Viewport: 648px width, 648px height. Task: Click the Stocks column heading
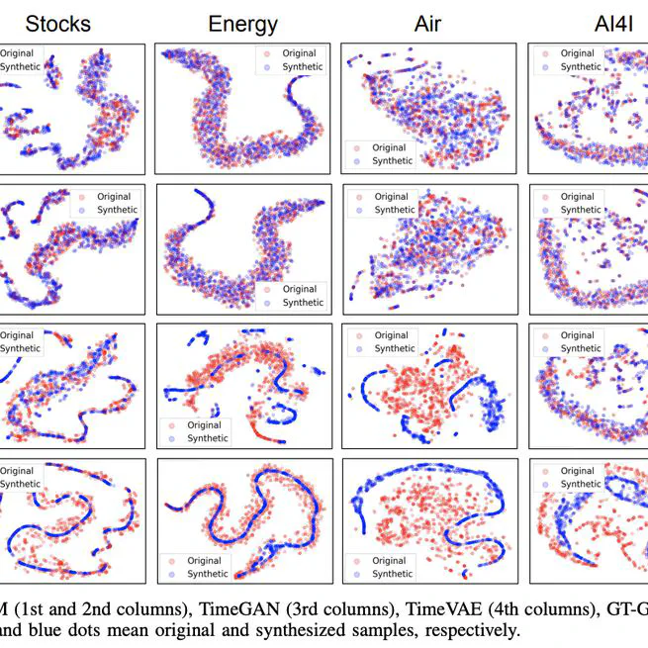pyautogui.click(x=58, y=23)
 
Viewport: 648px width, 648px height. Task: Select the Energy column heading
pyautogui.click(x=242, y=23)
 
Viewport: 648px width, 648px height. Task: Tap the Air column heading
pyautogui.click(x=427, y=23)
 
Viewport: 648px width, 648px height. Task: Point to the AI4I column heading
pyautogui.click(x=590, y=23)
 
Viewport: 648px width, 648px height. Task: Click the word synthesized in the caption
pyautogui.click(x=293, y=629)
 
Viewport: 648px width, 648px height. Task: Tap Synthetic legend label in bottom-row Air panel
pyautogui.click(x=393, y=574)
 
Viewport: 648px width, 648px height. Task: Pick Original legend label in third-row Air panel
pyautogui.click(x=395, y=335)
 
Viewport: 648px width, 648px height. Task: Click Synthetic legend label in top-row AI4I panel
pyautogui.click(x=580, y=67)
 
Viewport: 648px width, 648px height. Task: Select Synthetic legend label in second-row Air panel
pyautogui.click(x=395, y=210)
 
